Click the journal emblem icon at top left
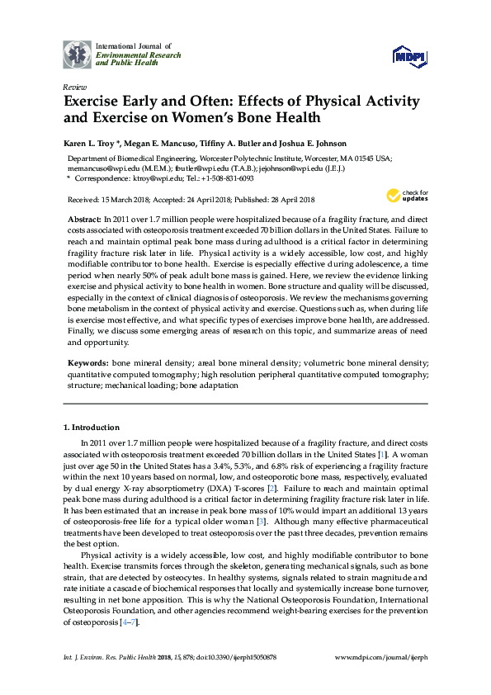coord(78,54)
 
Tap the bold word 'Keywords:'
coord(87,362)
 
